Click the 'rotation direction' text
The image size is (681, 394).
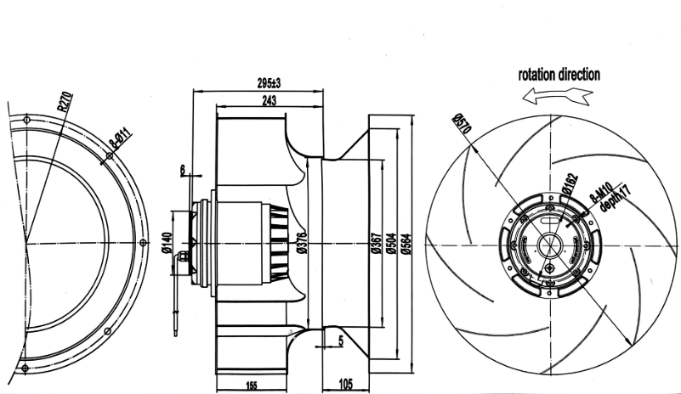coord(559,75)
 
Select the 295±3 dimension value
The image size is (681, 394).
coord(270,83)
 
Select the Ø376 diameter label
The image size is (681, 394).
coord(302,243)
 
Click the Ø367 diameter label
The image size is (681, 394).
coord(374,245)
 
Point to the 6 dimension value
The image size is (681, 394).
coord(182,170)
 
